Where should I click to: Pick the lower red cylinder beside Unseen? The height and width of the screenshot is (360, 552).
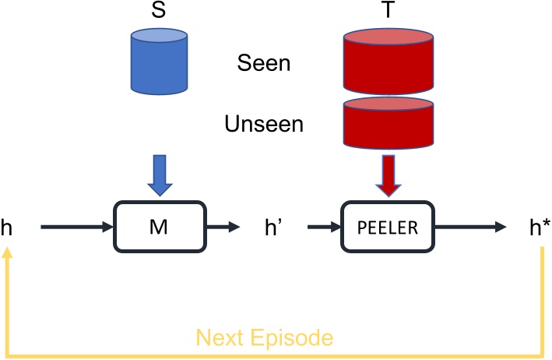tap(387, 122)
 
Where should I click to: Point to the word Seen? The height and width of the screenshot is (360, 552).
tap(264, 62)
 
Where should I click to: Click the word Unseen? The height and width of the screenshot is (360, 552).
tap(264, 123)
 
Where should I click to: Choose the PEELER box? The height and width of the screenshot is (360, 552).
tap(387, 228)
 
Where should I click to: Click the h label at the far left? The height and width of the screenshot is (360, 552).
tap(8, 228)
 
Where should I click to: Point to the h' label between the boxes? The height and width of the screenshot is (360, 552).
tap(273, 228)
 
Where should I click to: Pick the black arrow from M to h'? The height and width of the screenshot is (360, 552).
tap(226, 228)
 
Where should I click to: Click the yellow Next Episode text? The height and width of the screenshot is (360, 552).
tap(265, 337)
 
